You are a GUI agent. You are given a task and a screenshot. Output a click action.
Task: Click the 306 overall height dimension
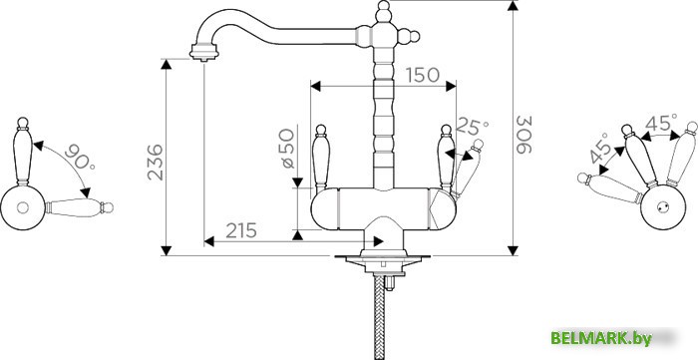coord(524,135)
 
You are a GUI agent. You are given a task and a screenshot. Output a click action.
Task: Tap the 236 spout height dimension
coord(155,162)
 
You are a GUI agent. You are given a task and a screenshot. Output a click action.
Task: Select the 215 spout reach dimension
coord(241,230)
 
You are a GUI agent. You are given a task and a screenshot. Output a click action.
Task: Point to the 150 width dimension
coord(423,75)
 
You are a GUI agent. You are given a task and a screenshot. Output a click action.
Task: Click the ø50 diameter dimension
coord(288,149)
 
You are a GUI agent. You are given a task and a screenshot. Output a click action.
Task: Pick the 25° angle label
coord(473,127)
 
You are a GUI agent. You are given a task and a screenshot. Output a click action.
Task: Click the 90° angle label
coord(80,157)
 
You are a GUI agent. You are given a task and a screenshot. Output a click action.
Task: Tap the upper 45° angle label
coord(661,123)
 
